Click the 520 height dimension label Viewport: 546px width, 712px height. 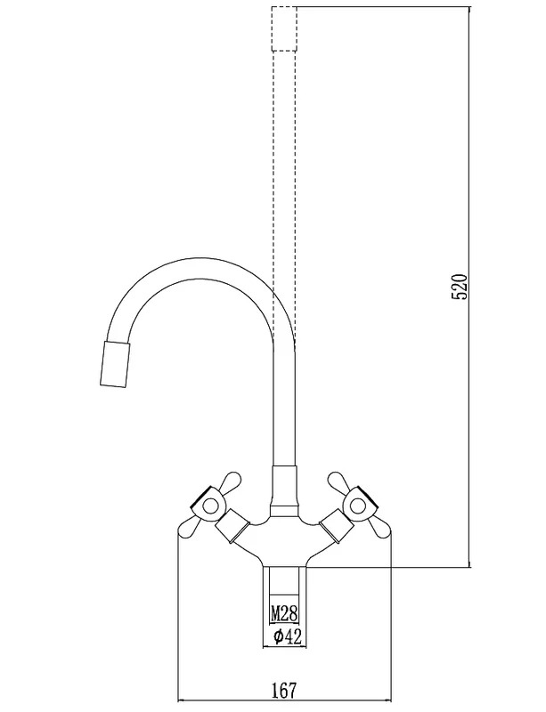[x=460, y=287]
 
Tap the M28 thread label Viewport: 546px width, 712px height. [x=284, y=614]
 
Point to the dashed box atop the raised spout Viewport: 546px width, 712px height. [x=284, y=29]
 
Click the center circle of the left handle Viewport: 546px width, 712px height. [x=210, y=505]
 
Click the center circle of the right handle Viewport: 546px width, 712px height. [x=358, y=505]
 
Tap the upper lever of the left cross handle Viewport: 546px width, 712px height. [x=229, y=481]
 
